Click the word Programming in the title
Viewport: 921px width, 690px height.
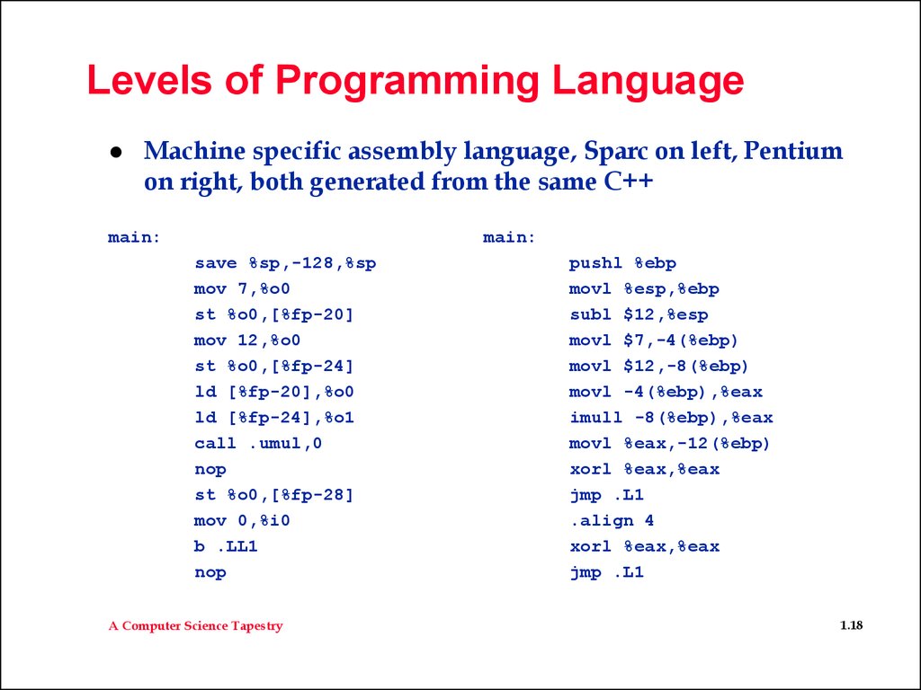[407, 82]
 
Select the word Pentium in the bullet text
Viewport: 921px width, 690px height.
[793, 151]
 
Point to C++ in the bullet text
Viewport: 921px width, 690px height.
[629, 181]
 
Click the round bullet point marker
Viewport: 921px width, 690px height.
[116, 152]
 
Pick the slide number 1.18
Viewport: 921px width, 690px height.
[851, 625]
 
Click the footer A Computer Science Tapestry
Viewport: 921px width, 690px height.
[195, 626]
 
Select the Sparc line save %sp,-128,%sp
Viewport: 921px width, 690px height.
[285, 263]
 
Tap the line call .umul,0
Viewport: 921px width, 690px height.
[258, 443]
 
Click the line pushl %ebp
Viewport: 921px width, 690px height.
[622, 263]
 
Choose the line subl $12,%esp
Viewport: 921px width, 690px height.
[639, 315]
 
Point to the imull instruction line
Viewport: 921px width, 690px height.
[671, 418]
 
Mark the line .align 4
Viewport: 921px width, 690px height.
[612, 521]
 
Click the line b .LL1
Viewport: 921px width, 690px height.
[226, 546]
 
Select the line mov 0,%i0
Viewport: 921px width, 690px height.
[242, 520]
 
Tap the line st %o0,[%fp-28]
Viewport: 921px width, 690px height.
[273, 495]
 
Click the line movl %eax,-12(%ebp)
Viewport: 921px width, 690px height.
[669, 444]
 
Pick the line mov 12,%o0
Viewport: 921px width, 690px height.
[247, 341]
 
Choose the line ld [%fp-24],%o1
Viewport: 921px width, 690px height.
[273, 418]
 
